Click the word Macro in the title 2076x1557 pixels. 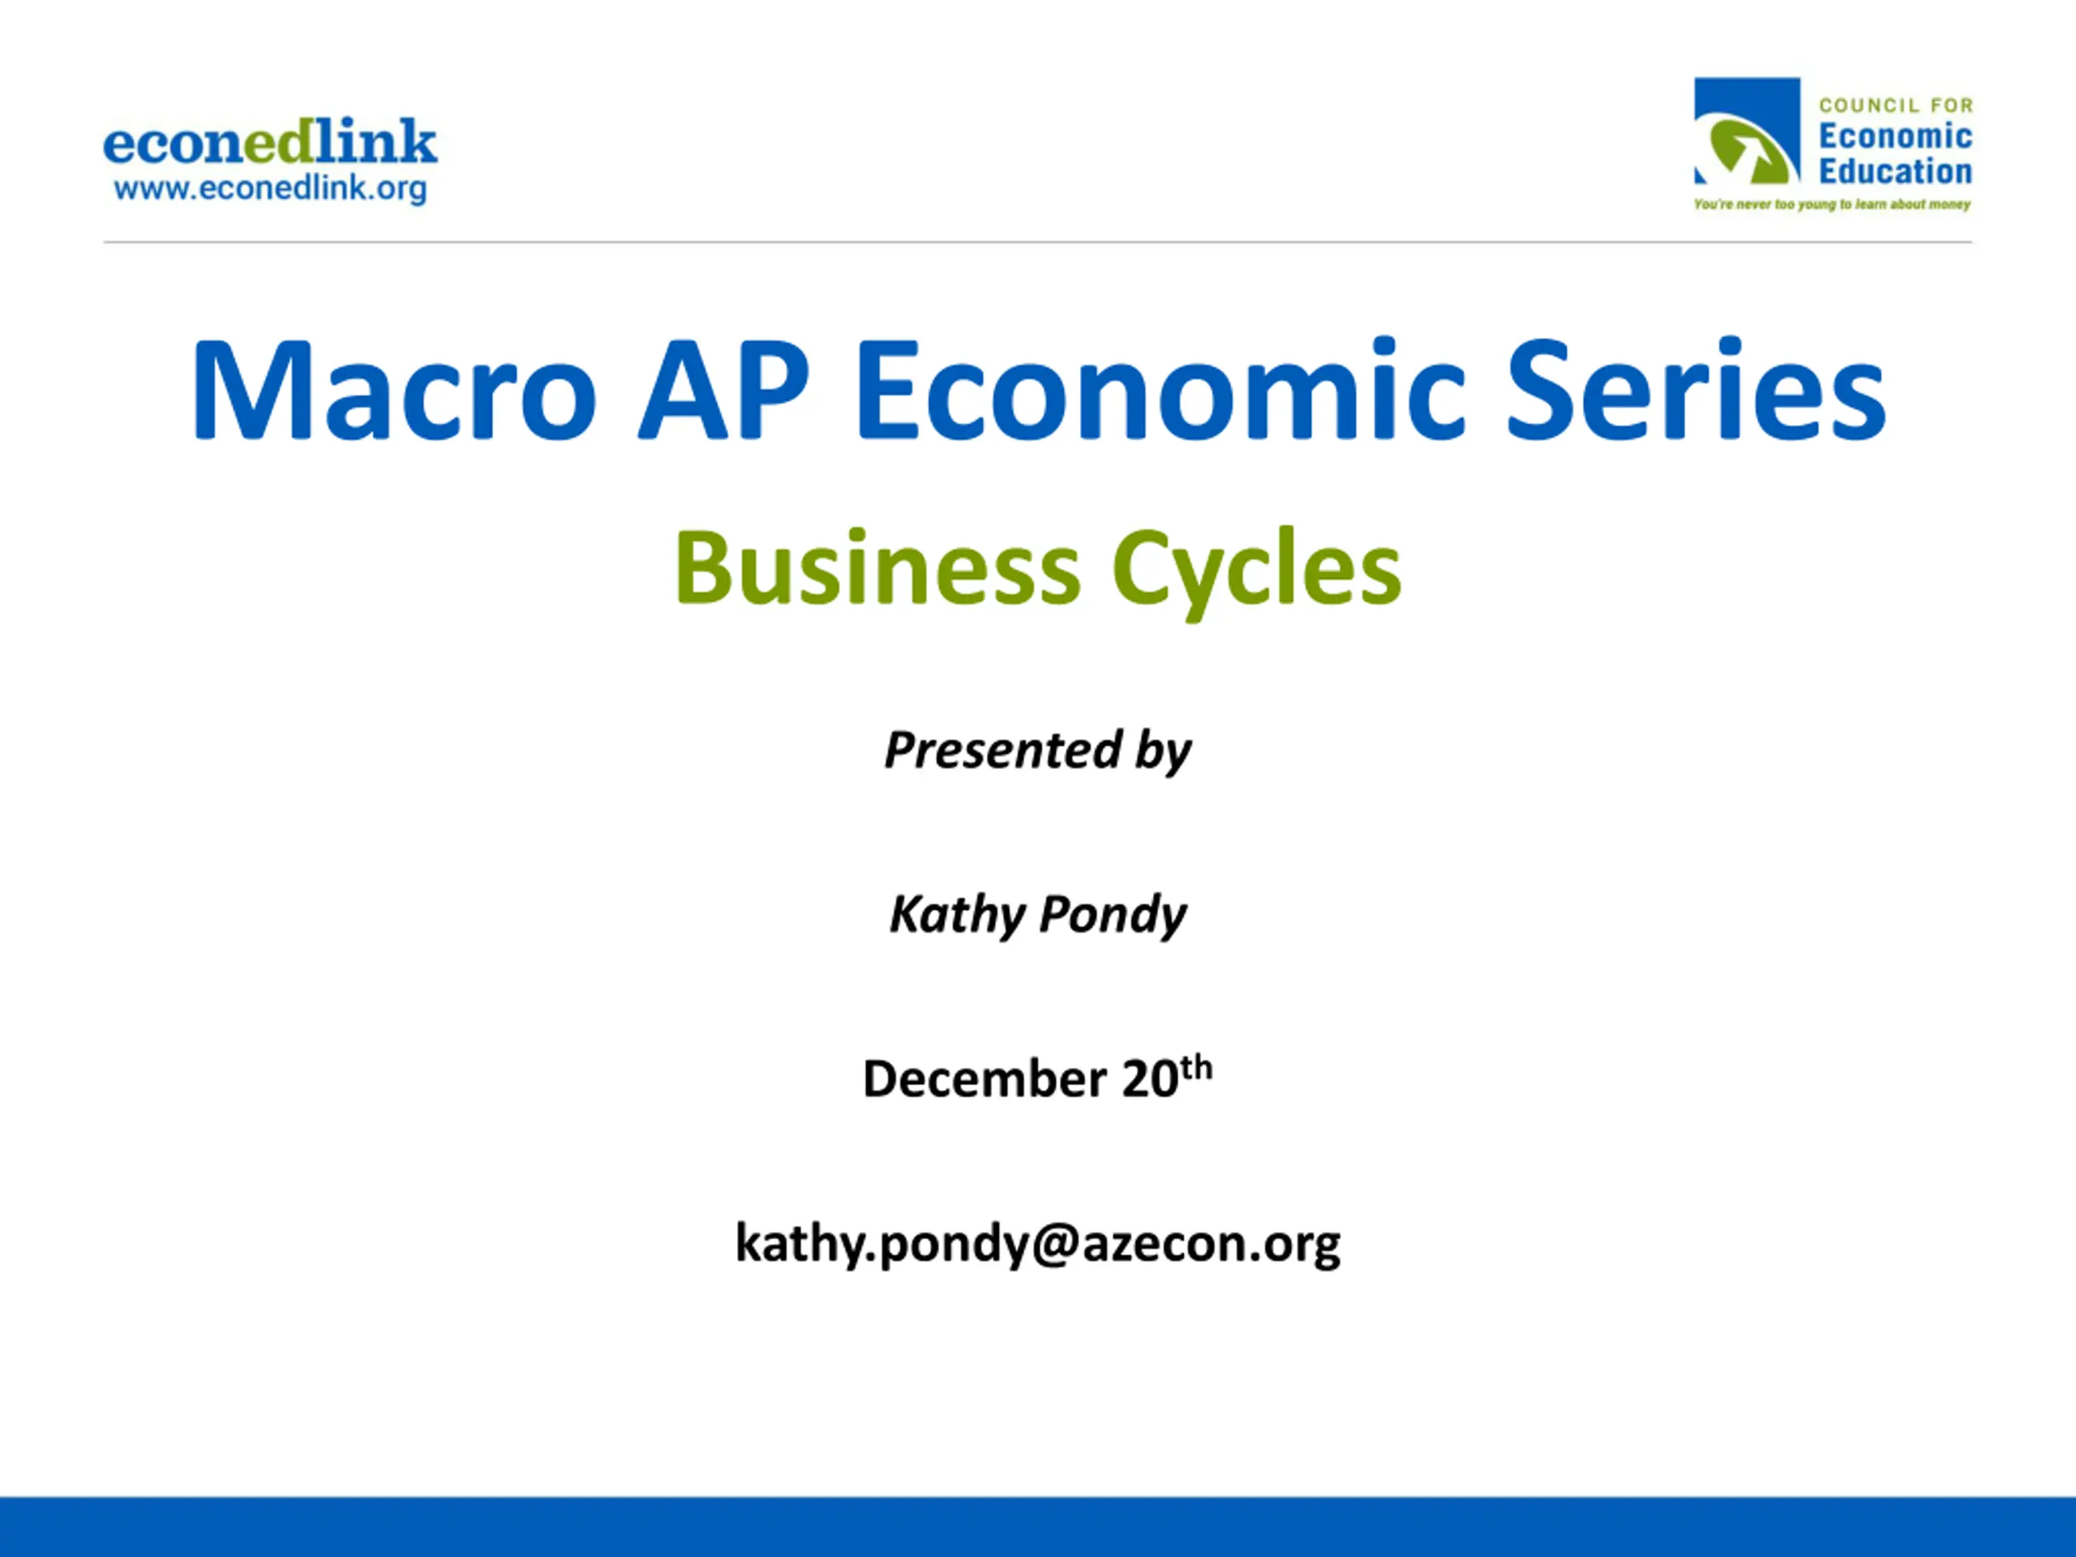coord(394,389)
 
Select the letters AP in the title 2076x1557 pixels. coord(723,389)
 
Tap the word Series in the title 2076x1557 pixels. coord(1696,389)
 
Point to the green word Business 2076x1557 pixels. coord(877,568)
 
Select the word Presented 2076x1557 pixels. coord(1003,750)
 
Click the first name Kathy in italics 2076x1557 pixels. coord(957,914)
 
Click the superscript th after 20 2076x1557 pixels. coord(1197,1068)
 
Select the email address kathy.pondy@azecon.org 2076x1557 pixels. coord(1038,1245)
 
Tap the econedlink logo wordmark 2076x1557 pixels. coord(270,142)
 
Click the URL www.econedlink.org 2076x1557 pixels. coord(270,189)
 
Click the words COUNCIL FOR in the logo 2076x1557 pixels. coord(1896,105)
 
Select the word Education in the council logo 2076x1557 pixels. coord(1895,172)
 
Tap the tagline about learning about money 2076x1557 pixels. coord(1832,204)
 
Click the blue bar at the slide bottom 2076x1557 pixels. coord(1038,1527)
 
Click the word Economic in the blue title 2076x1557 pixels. coord(1159,389)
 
